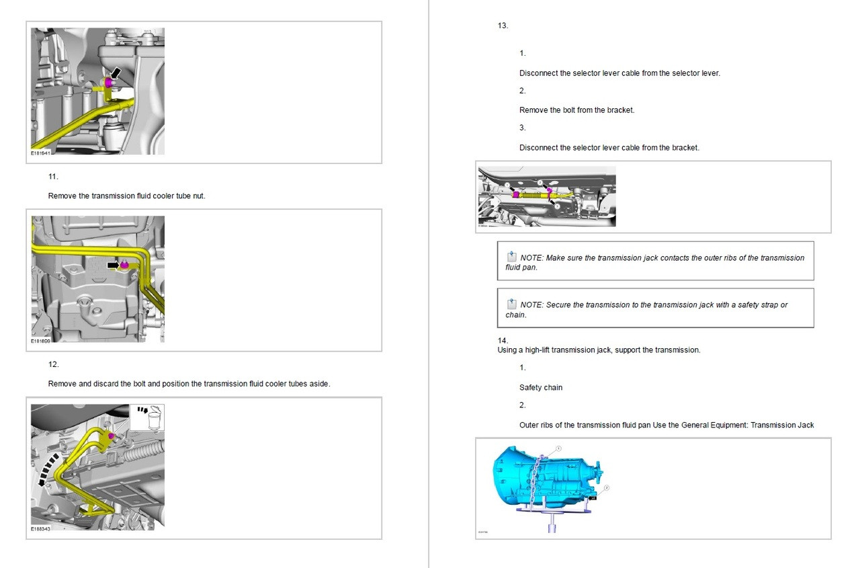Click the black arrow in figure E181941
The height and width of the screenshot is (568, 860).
click(x=117, y=71)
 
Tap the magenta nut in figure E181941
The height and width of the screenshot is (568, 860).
click(x=108, y=82)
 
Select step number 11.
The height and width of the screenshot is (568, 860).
click(x=53, y=177)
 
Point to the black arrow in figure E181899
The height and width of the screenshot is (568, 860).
click(x=115, y=266)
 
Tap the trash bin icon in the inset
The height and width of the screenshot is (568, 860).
click(x=154, y=418)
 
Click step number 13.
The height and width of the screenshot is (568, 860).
click(x=503, y=26)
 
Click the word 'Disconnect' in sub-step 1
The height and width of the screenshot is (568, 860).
click(x=538, y=73)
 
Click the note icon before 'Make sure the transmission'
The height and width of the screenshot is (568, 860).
click(x=512, y=257)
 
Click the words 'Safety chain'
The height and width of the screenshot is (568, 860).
click(x=541, y=388)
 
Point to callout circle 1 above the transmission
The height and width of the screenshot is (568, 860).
click(x=558, y=449)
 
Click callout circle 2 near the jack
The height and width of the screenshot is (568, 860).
click(x=606, y=489)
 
